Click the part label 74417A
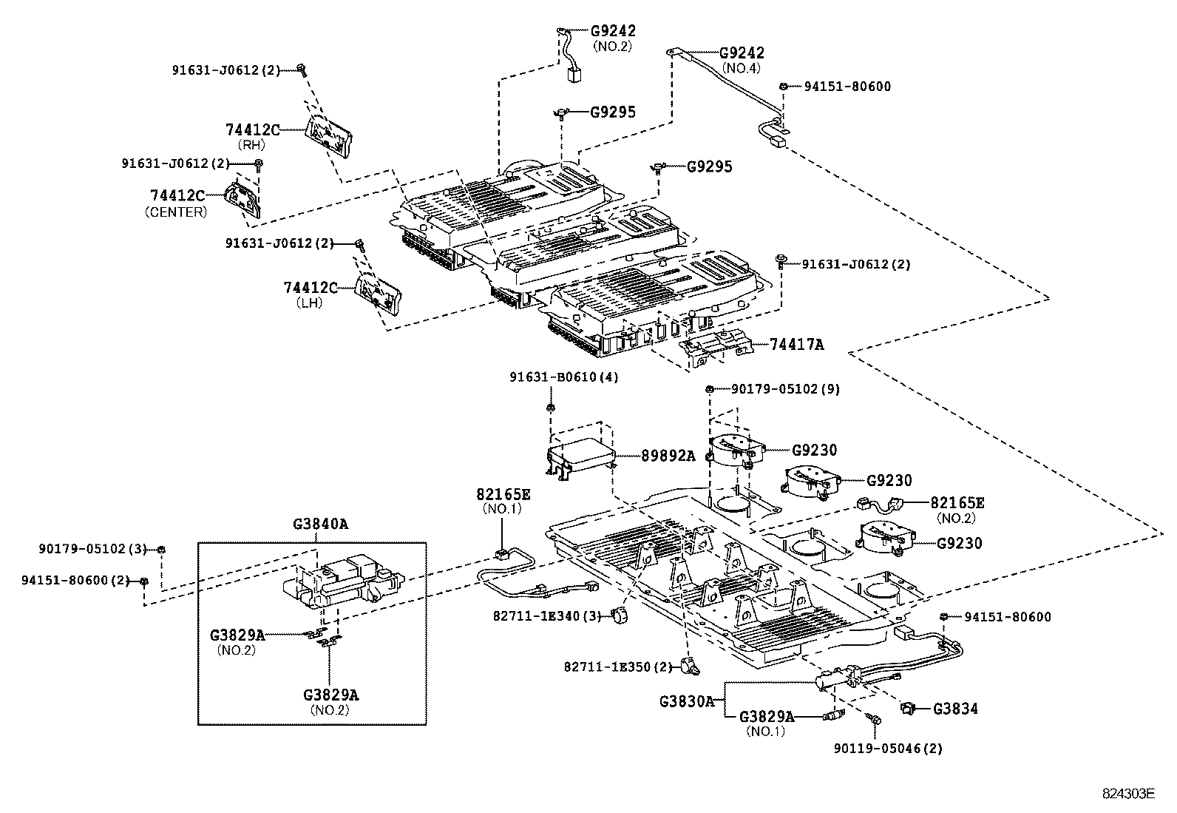[x=796, y=344]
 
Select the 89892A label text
[x=668, y=456]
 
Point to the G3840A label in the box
[x=320, y=524]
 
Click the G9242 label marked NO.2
[x=613, y=31]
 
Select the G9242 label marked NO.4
[x=742, y=53]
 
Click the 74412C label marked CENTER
[x=177, y=195]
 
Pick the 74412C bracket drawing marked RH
[x=329, y=135]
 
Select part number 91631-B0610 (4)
[x=563, y=377]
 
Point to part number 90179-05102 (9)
[x=785, y=389]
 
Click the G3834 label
[x=954, y=709]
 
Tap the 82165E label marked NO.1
[x=503, y=493]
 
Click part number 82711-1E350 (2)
[x=617, y=667]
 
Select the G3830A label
[x=687, y=701]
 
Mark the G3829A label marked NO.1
[x=767, y=716]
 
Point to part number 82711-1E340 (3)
[x=546, y=615]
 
